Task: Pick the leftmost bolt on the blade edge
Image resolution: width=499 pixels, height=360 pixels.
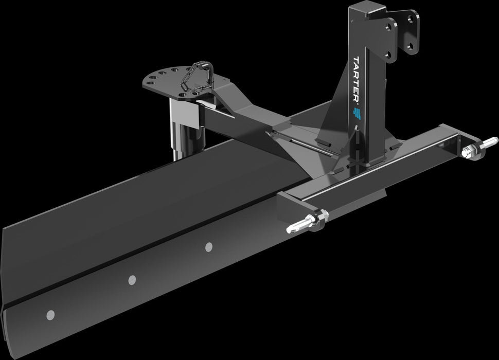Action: (50, 314)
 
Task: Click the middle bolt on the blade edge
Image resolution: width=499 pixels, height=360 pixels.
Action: (132, 280)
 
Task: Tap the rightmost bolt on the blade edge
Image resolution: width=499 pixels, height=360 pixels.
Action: (209, 247)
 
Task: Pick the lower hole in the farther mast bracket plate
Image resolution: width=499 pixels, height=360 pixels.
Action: (411, 48)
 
